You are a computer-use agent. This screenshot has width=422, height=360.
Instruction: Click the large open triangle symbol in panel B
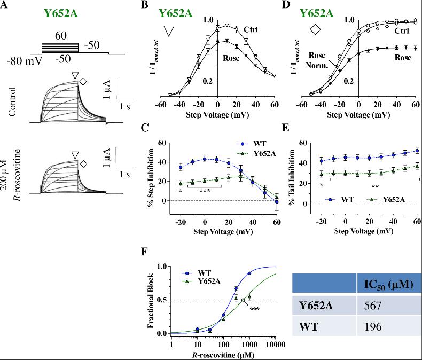point(169,30)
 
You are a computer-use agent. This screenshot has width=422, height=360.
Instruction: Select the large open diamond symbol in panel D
point(315,30)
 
